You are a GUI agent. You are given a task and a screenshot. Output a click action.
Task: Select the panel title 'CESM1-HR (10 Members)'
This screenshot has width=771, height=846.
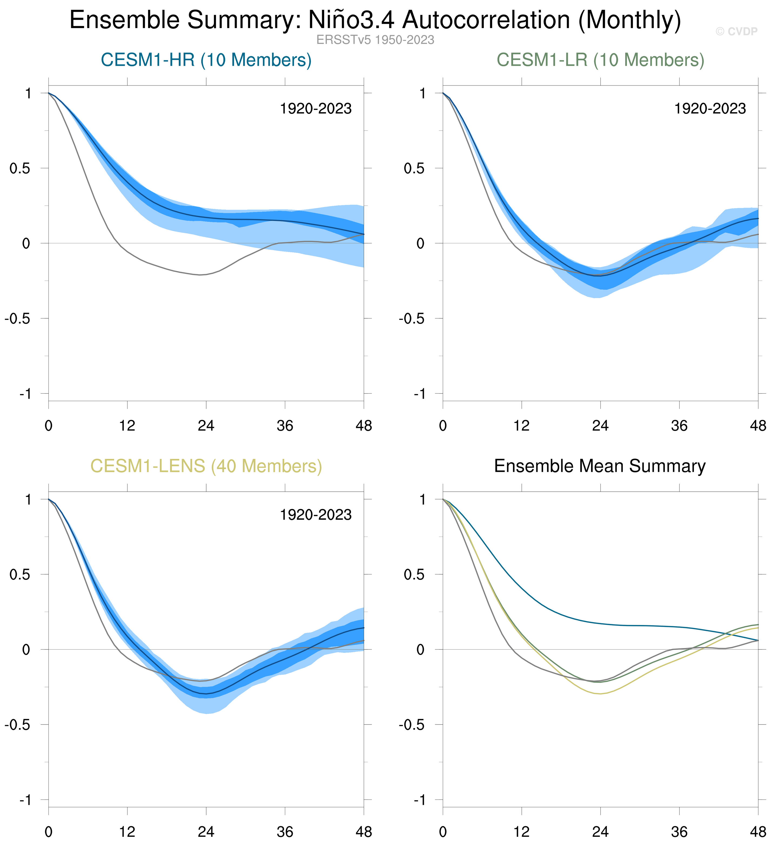[x=206, y=60]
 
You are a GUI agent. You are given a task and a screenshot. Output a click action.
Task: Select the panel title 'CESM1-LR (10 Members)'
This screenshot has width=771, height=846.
[x=600, y=60]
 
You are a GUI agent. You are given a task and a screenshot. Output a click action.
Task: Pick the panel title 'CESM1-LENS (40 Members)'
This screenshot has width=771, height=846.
[x=206, y=466]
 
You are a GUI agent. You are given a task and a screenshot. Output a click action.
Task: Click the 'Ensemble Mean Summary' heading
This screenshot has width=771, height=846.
[x=600, y=466]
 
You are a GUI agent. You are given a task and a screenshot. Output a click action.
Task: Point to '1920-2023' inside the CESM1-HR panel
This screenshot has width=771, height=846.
[x=315, y=109]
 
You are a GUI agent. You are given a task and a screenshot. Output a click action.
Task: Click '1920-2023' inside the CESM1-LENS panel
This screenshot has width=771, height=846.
[x=315, y=515]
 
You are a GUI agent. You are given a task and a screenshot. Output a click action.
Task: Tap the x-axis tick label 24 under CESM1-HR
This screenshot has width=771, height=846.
[x=206, y=426]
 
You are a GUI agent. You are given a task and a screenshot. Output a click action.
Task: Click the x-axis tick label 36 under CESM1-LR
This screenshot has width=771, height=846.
[x=679, y=426]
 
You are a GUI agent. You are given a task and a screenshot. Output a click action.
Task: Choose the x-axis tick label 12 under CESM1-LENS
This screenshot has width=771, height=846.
[x=127, y=832]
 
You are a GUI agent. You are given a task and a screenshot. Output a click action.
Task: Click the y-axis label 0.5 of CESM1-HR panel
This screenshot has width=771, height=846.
[x=20, y=168]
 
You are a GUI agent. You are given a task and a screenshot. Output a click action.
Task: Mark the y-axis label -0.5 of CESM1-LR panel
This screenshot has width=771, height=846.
[x=411, y=319]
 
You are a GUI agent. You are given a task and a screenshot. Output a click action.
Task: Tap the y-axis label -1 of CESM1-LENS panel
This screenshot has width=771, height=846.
[x=25, y=800]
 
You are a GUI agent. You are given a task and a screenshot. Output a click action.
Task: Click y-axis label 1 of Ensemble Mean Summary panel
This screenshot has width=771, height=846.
[x=423, y=499]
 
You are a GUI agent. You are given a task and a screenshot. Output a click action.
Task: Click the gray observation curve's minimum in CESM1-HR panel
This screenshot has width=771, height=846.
[x=200, y=275]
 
